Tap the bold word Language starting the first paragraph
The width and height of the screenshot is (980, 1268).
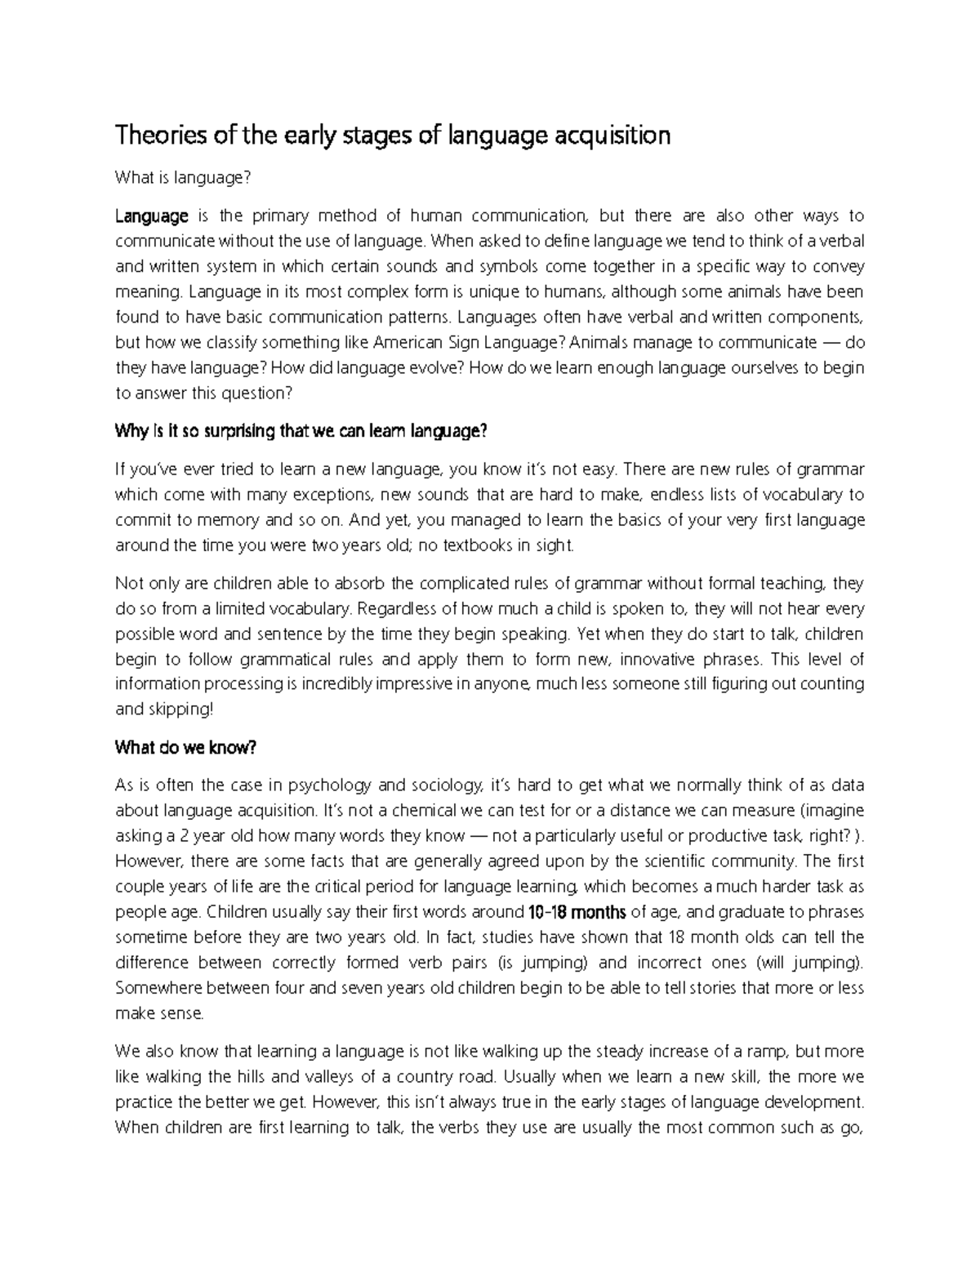pyautogui.click(x=152, y=216)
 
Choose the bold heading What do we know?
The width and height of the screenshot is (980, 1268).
pyautogui.click(x=186, y=747)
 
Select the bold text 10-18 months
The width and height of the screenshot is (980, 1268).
pyautogui.click(x=577, y=912)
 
